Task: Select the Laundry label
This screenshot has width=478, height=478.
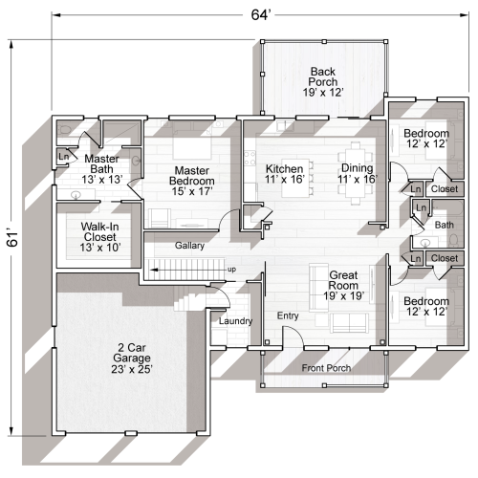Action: pos(235,321)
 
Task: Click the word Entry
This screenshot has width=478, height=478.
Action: pos(288,315)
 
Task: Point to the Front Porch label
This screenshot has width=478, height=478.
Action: pos(326,368)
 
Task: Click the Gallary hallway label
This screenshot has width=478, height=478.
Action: pos(189,246)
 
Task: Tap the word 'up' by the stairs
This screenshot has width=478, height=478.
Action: pos(232,270)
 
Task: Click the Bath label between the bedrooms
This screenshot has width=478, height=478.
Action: pos(444,225)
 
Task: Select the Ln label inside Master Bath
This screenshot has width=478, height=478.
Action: pos(63,156)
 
